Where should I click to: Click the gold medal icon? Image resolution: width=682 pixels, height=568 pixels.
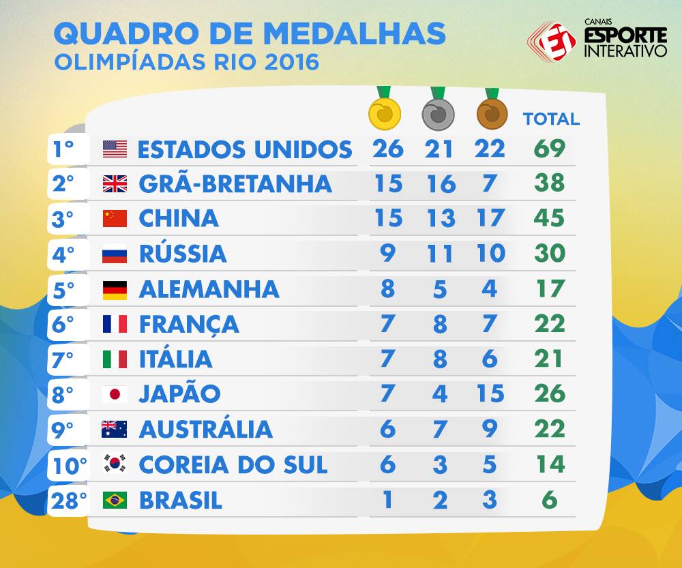(384, 113)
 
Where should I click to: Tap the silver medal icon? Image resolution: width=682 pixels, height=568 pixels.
(438, 114)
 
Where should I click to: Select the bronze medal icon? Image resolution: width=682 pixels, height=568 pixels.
(492, 114)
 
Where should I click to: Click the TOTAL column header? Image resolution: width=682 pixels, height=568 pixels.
(551, 119)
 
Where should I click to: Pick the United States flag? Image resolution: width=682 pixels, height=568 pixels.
(115, 149)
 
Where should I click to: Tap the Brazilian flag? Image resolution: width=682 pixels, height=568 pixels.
(115, 500)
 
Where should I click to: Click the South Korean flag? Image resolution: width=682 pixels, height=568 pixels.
(115, 464)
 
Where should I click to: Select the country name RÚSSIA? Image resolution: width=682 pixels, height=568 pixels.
(183, 253)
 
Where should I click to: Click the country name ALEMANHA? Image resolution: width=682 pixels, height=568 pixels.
(209, 289)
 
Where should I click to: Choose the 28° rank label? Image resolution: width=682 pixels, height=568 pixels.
(69, 500)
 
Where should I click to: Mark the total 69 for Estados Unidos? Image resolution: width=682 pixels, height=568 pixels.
(550, 148)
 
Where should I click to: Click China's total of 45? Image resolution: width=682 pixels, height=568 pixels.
(549, 218)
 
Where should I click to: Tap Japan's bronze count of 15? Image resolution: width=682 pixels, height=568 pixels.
(490, 393)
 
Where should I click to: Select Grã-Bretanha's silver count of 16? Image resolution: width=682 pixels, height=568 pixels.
(441, 183)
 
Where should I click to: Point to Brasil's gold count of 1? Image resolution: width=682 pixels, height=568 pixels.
(387, 499)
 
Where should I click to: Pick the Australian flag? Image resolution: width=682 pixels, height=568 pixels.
(115, 430)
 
